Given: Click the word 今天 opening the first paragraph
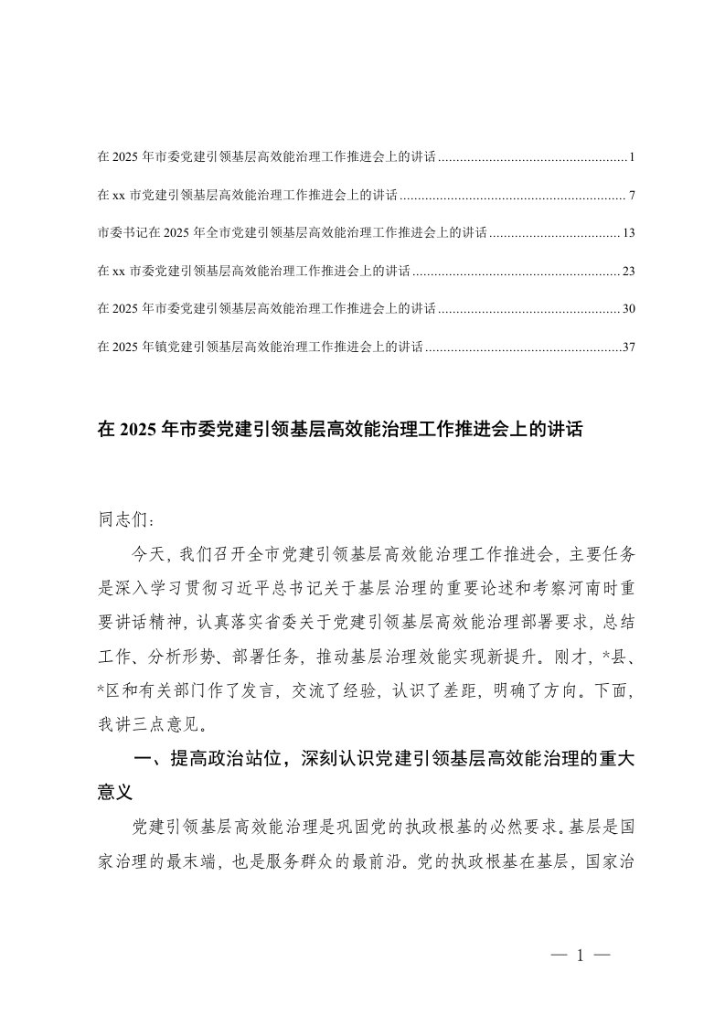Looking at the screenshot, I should [146, 553].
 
